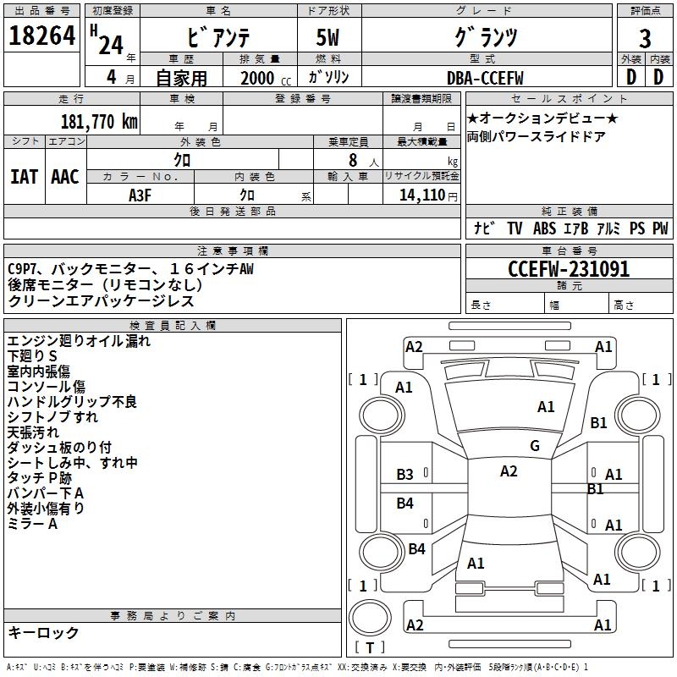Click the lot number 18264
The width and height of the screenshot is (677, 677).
(x=42, y=36)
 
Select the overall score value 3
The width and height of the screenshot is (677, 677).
(x=645, y=38)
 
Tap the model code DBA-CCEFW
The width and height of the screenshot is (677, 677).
(x=485, y=78)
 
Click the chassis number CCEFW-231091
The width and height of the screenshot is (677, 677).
(x=569, y=270)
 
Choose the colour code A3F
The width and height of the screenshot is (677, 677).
(x=140, y=195)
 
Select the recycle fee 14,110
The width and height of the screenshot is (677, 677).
(x=421, y=195)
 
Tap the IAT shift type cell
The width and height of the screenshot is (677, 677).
(x=25, y=177)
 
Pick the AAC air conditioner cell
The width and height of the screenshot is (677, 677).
(x=64, y=177)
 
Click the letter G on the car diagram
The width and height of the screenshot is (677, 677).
(x=535, y=446)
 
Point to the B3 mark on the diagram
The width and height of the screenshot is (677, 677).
(x=405, y=475)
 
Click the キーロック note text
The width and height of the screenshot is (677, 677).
(x=43, y=633)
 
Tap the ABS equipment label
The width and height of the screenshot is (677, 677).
(x=544, y=228)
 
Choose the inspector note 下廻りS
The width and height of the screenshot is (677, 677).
(x=31, y=356)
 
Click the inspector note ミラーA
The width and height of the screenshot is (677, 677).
(x=31, y=524)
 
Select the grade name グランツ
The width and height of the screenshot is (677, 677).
(x=485, y=38)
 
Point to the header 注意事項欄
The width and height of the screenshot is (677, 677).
(x=233, y=251)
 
